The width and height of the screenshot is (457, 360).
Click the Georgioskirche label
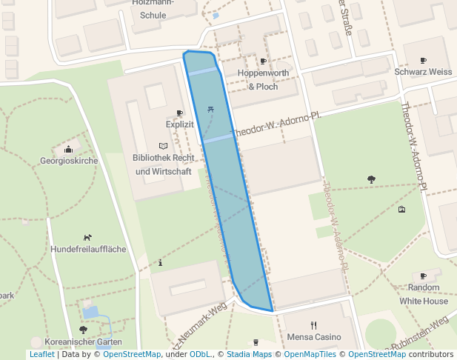(x=68, y=161)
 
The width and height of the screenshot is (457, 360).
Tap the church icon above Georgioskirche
(x=68, y=149)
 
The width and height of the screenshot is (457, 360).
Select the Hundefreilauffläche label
(x=88, y=250)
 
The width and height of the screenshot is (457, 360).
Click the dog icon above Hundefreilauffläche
(x=88, y=238)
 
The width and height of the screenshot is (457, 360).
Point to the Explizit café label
(x=179, y=124)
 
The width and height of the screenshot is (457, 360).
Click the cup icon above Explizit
(x=179, y=113)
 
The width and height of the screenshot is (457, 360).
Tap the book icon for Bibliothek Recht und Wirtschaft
(x=163, y=146)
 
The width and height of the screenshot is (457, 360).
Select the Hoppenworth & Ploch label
(x=263, y=80)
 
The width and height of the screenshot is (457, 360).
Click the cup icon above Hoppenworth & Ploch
(x=263, y=61)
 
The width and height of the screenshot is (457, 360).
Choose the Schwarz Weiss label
(x=423, y=72)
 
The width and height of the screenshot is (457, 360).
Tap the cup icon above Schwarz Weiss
(x=423, y=60)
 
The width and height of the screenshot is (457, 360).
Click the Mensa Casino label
(x=314, y=337)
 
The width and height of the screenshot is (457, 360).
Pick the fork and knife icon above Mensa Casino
(x=314, y=324)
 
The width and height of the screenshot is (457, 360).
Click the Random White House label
(x=424, y=294)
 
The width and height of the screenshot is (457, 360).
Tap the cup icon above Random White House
(x=424, y=276)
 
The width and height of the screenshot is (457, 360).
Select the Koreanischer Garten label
(x=83, y=341)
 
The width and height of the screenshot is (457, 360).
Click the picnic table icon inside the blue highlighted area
(x=212, y=110)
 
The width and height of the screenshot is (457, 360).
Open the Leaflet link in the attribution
(x=41, y=355)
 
